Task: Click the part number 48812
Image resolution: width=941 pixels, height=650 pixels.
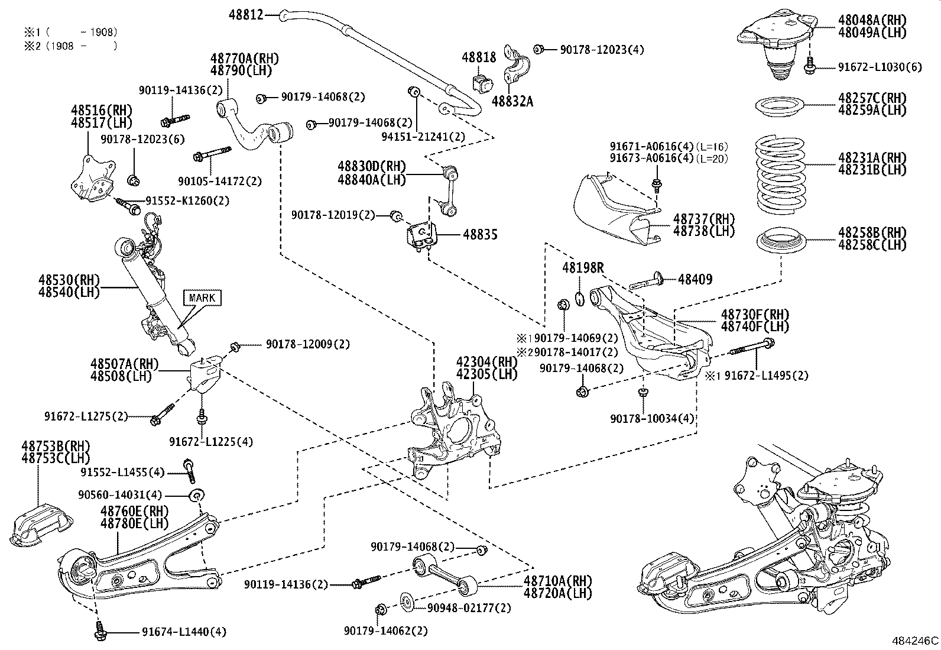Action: (246, 15)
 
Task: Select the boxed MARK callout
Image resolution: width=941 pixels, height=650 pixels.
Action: (202, 297)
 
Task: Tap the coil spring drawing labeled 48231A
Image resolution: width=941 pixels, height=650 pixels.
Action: (781, 176)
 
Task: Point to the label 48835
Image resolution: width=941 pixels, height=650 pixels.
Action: (480, 235)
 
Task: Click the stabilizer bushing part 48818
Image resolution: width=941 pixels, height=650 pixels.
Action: (483, 83)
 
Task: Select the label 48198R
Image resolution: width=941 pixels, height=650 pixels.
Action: (583, 269)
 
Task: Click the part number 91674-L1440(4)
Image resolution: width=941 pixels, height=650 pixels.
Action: (184, 632)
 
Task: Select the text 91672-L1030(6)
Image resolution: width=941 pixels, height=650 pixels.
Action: (880, 67)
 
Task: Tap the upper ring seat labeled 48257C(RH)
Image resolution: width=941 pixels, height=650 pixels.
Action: (780, 107)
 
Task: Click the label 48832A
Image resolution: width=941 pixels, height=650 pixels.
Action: (512, 102)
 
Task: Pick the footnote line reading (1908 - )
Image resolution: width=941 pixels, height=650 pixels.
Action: (71, 46)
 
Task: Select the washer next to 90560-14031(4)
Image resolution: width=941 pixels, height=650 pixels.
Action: (197, 494)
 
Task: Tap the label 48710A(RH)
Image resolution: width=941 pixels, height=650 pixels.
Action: (557, 581)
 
